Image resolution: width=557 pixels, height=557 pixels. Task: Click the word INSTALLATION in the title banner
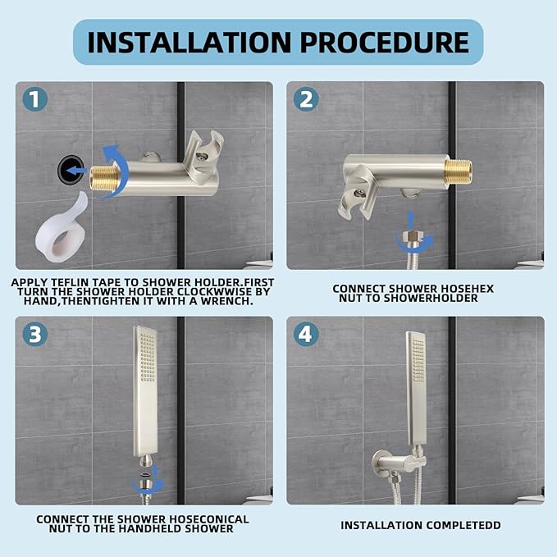(189, 42)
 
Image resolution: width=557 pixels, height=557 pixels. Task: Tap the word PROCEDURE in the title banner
(385, 42)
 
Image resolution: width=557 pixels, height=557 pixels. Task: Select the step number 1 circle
(34, 99)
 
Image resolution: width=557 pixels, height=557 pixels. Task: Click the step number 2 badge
(306, 99)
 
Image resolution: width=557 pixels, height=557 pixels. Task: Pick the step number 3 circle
(34, 334)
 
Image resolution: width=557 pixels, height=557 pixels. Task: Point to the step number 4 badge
(306, 334)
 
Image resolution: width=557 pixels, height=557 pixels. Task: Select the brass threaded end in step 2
(459, 172)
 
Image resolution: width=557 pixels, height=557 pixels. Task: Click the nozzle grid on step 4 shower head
(418, 360)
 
